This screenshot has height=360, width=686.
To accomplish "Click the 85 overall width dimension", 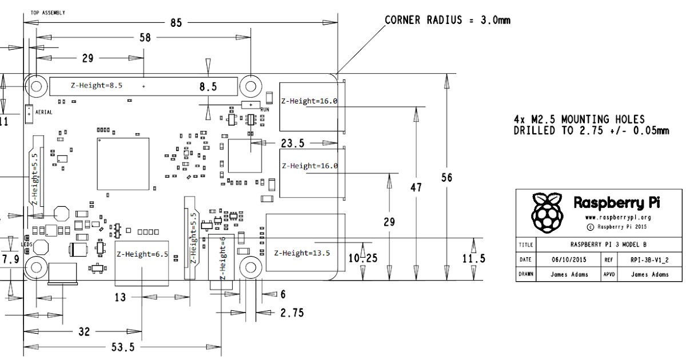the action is click(176, 23).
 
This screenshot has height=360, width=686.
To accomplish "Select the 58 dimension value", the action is click(145, 38).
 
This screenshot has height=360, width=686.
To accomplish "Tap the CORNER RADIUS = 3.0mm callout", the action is click(448, 20).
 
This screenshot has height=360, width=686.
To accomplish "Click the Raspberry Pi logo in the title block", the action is click(547, 212).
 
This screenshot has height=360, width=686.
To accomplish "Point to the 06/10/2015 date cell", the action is click(569, 259).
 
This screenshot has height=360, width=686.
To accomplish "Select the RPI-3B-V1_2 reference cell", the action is click(649, 260).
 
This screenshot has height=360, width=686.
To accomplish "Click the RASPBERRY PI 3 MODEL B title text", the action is click(608, 245).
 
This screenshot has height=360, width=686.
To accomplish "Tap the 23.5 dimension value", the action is click(293, 143).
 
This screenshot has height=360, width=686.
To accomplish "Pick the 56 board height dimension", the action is click(447, 178).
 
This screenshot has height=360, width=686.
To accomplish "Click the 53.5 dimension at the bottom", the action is click(123, 347).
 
